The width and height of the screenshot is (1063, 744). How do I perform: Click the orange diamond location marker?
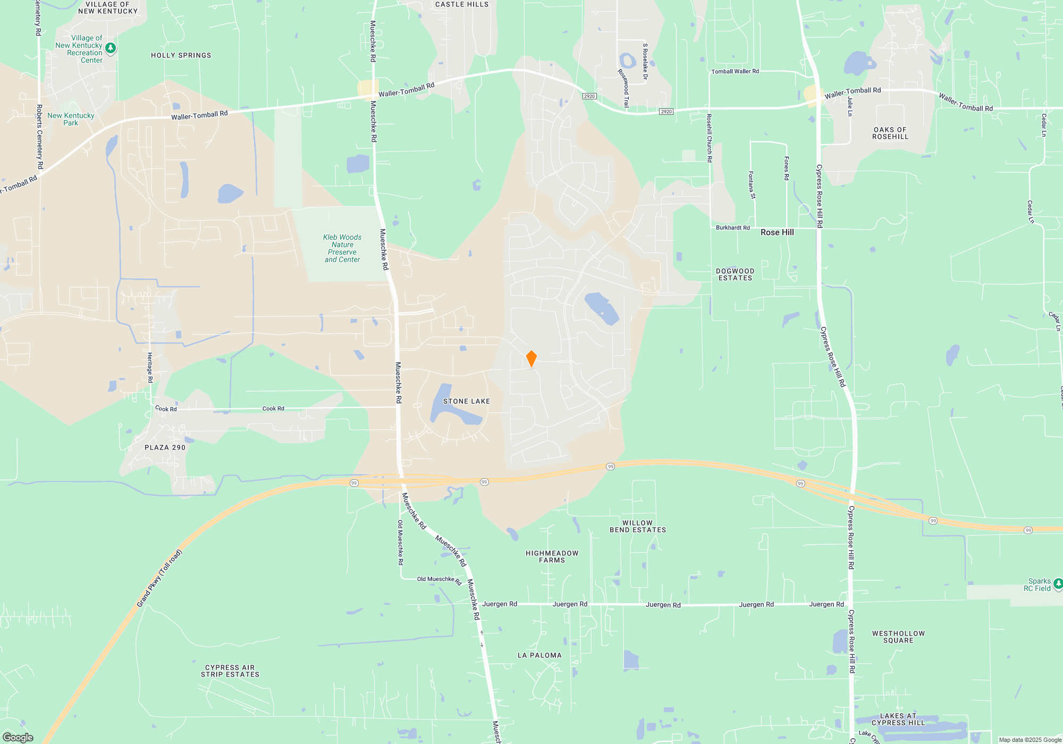531,359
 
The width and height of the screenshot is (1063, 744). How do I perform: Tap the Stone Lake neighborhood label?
466,401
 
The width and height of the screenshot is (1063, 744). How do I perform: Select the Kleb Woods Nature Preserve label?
342,248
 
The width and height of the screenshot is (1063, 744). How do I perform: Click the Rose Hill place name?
777,232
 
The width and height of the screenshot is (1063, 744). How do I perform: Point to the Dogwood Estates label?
735,274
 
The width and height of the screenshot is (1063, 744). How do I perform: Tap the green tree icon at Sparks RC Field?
1058,584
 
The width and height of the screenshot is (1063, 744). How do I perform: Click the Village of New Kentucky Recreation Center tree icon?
111,48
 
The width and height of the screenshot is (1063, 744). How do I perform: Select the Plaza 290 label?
165,447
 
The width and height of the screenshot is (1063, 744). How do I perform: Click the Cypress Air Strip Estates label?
230,671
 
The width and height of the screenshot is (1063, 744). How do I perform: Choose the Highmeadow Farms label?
552,556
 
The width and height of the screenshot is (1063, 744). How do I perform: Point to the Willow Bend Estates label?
637,526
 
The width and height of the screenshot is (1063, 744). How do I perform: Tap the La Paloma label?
539,655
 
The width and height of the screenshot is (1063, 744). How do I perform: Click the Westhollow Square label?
898,637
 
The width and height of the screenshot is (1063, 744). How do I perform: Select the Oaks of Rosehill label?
890,133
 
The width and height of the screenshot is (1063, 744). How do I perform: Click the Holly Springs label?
181,55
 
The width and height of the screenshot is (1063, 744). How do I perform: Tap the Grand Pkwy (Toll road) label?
159,578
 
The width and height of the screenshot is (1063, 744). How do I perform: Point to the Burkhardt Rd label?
732,227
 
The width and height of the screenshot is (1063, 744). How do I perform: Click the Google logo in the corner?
18,738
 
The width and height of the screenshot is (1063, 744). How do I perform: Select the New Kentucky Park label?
71,119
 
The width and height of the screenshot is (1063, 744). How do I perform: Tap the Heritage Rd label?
150,367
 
